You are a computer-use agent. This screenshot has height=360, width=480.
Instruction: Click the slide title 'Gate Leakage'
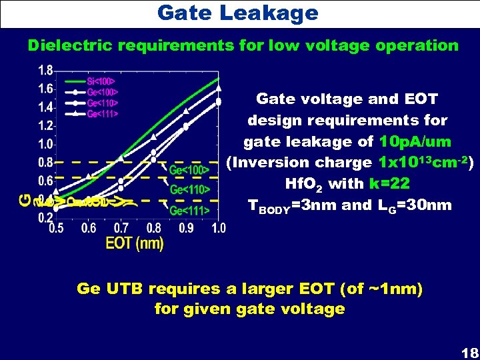238,12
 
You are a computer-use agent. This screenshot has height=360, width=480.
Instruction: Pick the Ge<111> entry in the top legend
103,114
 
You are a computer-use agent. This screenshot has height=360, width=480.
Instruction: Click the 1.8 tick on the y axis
46,70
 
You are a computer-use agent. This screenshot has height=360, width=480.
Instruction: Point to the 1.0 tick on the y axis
46,143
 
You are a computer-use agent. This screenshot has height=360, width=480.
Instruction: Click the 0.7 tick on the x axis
121,228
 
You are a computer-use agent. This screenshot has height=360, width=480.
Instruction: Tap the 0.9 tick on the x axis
186,228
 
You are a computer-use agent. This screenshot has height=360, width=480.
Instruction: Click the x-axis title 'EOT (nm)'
135,243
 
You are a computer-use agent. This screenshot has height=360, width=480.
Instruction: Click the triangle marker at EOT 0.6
89,175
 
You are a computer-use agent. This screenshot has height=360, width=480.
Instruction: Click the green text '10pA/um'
415,141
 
